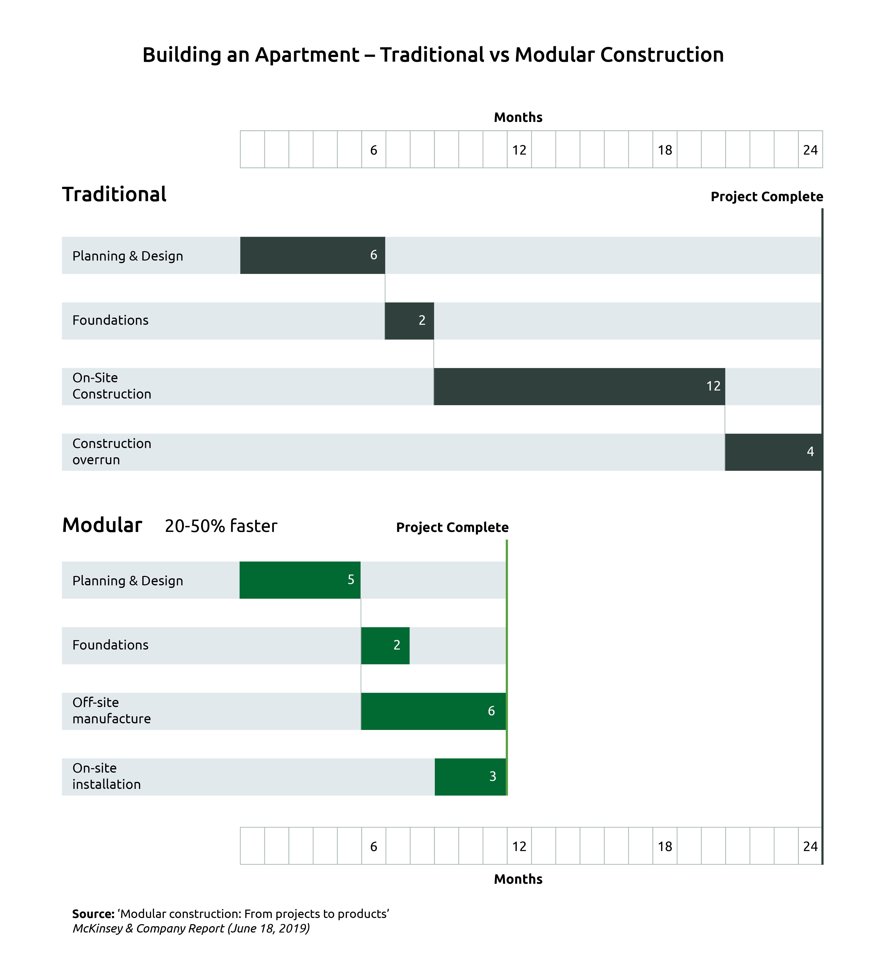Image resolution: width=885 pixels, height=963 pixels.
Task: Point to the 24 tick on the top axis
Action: [x=810, y=150]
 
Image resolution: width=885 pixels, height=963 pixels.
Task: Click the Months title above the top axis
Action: [x=518, y=117]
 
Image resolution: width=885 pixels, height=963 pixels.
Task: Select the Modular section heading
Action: [x=102, y=525]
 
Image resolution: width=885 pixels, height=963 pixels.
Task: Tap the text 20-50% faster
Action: [x=221, y=526]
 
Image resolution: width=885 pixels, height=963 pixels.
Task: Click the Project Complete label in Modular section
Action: [x=452, y=527]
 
